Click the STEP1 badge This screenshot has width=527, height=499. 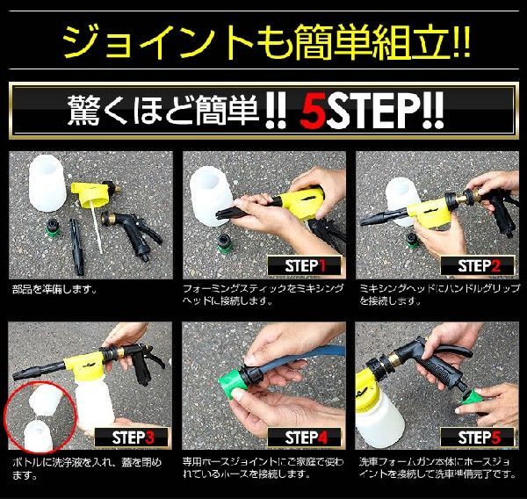click(305, 266)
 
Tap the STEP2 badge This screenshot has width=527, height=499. click(478, 266)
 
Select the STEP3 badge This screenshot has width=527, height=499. click(132, 438)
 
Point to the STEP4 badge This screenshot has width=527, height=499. click(305, 438)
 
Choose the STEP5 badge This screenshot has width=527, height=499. click(478, 438)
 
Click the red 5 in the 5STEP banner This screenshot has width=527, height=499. click(313, 112)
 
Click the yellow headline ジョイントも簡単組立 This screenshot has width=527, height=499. click(266, 41)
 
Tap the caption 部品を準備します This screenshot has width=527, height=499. click(54, 289)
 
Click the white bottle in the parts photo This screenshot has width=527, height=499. click(47, 183)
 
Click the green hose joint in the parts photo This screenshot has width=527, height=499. click(53, 228)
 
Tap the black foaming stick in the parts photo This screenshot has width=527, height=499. click(76, 246)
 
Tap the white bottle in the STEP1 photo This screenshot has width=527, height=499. click(210, 197)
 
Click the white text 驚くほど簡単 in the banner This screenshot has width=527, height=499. click(163, 111)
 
